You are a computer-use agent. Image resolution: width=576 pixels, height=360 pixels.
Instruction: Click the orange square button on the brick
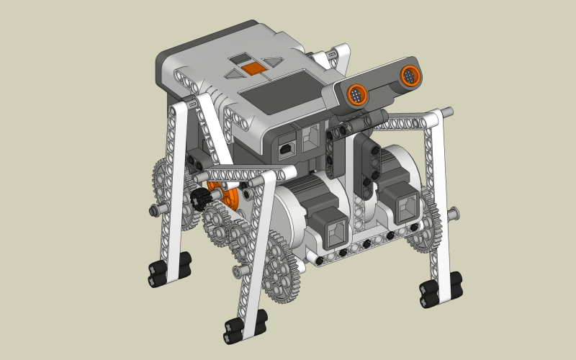(252, 68)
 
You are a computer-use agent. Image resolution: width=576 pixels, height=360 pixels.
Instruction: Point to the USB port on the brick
(286, 148)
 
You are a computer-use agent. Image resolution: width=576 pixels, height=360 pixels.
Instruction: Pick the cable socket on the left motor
(337, 231)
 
